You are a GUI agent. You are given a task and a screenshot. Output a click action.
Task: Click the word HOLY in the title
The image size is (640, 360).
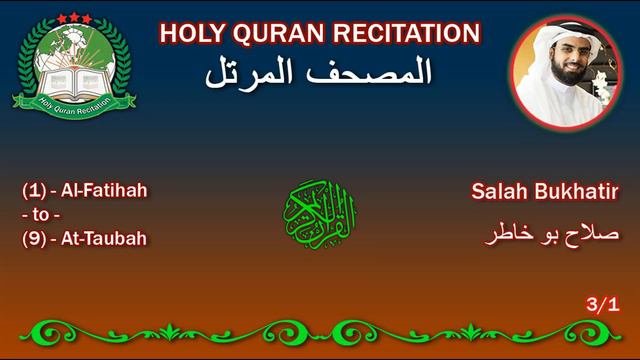pos(190,34)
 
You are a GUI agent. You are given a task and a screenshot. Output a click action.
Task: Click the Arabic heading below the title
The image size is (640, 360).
pos(318,72)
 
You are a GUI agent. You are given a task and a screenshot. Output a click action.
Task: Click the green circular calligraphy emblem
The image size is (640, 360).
pos(320,209)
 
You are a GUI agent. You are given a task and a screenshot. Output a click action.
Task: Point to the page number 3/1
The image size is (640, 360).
pos(603,305)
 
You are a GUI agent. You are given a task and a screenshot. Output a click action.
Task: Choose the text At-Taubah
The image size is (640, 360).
pos(104,238)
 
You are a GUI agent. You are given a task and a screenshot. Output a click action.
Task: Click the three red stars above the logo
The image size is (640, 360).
pos(73,18)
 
